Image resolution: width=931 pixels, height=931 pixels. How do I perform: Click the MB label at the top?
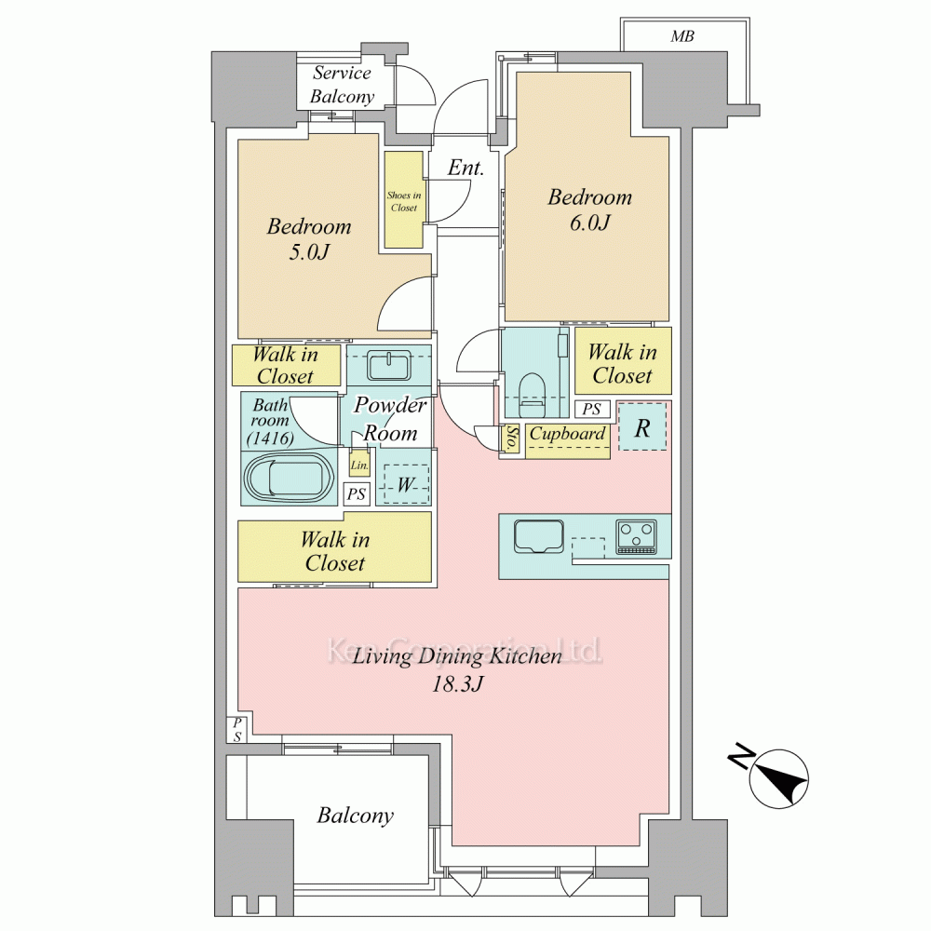click(x=682, y=37)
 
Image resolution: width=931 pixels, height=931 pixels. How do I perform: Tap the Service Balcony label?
click(x=343, y=85)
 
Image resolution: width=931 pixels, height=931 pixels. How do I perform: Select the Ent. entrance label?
click(x=465, y=168)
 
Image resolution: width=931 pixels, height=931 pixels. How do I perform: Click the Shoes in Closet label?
click(x=404, y=201)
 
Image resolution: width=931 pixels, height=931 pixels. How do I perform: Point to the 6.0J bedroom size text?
click(x=589, y=223)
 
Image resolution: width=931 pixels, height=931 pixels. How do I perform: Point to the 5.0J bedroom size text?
click(x=309, y=252)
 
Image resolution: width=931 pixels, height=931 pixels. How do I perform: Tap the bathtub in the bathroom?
click(x=288, y=478)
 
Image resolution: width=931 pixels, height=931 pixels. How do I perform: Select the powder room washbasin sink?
click(x=389, y=365)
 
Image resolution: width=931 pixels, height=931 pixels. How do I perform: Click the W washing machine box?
click(x=406, y=484)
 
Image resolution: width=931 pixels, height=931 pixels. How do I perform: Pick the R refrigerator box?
click(x=642, y=427)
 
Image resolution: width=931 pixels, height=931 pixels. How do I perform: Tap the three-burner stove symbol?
click(x=637, y=537)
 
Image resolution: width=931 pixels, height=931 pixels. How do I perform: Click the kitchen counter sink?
click(x=538, y=536)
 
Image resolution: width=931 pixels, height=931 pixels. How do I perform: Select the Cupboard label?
click(x=568, y=434)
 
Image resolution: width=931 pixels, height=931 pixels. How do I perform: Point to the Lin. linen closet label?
click(x=359, y=465)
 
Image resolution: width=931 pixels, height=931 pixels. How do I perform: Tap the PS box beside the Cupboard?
click(x=592, y=409)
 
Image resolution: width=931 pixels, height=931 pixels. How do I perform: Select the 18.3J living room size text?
click(x=457, y=684)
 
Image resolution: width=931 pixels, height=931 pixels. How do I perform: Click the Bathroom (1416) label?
click(x=270, y=422)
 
